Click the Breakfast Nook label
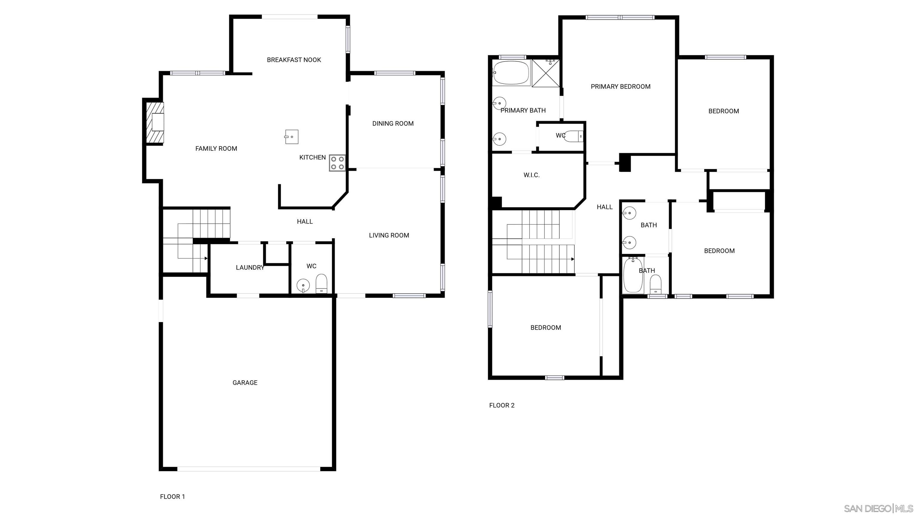(294, 60)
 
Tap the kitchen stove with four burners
(337, 163)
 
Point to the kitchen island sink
(291, 137)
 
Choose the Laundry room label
(250, 268)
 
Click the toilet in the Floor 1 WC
(321, 283)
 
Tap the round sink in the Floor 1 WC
(303, 286)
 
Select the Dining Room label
(393, 123)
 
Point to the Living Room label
(389, 235)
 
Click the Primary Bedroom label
(621, 86)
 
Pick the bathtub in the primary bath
(511, 72)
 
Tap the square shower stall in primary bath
(545, 73)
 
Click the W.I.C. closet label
(532, 175)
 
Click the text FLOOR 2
(502, 405)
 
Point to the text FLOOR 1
(172, 497)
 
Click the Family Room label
(216, 148)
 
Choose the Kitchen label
(312, 157)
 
